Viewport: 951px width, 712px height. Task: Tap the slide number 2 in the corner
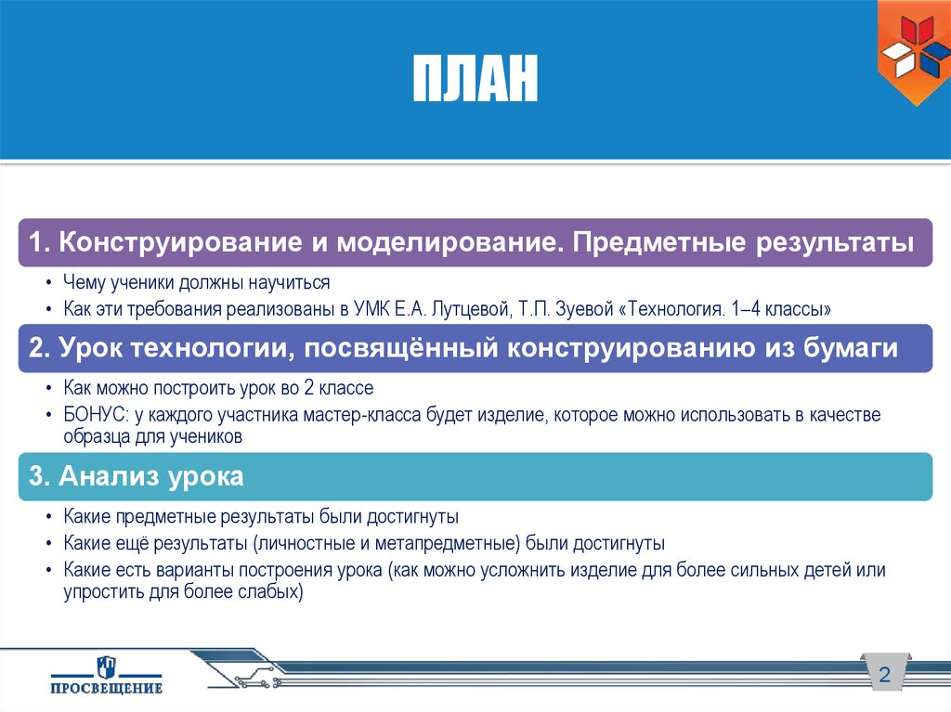point(884,675)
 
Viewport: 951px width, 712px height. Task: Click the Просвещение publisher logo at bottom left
point(106,674)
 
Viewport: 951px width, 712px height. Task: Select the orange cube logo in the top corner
point(913,51)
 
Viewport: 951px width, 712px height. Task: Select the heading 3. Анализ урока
point(137,477)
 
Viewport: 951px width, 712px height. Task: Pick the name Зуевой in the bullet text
point(580,308)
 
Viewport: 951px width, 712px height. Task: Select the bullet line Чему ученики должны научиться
point(196,282)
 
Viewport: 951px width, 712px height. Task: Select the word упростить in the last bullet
point(98,590)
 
